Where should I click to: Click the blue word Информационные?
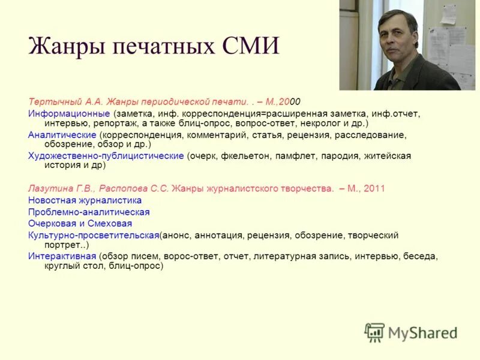pos(69,113)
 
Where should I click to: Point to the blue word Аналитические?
pos(62,135)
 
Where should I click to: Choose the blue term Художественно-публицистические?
pos(106,156)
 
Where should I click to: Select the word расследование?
pos(370,135)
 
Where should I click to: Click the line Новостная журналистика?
pos(85,200)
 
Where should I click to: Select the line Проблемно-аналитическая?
pos(89,212)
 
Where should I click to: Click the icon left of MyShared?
pos(374,332)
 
